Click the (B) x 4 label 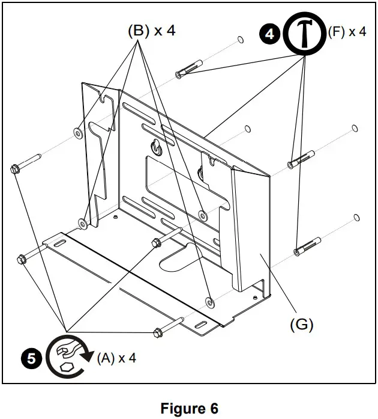point(151,31)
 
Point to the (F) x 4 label point(346,32)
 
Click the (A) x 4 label point(116,358)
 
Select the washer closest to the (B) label point(77,133)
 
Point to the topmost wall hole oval point(239,40)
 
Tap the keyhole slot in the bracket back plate point(155,146)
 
